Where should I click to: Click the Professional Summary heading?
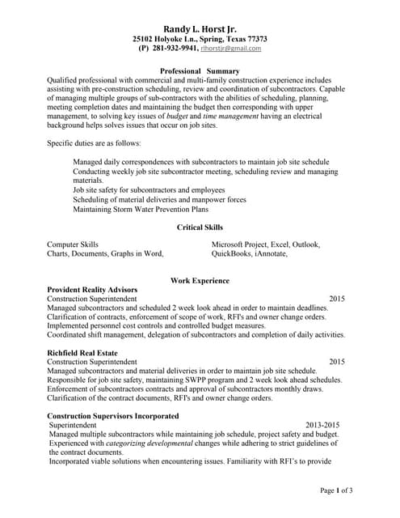coord(200,71)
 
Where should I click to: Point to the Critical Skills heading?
coord(200,227)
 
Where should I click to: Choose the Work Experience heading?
coord(200,281)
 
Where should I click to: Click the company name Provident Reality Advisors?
coord(92,290)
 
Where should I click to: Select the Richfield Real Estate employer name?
coord(82,353)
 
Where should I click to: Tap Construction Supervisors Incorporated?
coord(113,416)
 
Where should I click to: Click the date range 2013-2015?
coord(322,425)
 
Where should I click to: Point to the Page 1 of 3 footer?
coord(336,490)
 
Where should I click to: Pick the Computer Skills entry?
coord(73,244)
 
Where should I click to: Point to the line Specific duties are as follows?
coord(94,143)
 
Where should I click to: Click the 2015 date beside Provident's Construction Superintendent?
coord(336,299)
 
